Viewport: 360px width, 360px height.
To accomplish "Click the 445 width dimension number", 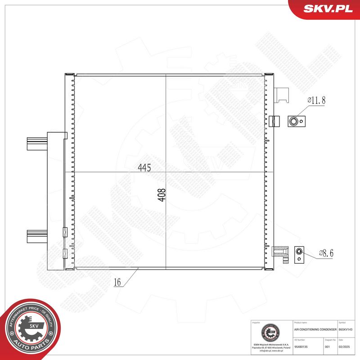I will pyautogui.click(x=144, y=167).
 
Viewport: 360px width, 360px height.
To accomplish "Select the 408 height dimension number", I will pyautogui.click(x=162, y=195).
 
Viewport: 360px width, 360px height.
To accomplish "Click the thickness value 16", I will pyautogui.click(x=117, y=283).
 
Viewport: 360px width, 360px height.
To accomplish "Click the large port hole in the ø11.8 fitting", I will pyautogui.click(x=294, y=120).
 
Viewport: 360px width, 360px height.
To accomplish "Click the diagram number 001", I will pyautogui.click(x=327, y=347).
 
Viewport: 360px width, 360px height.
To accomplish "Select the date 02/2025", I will pyautogui.click(x=344, y=347).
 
